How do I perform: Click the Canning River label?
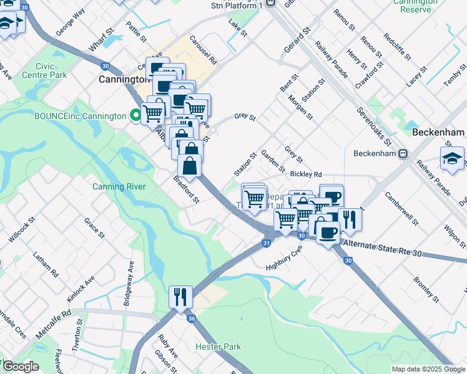119,186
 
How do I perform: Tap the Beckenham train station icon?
404,153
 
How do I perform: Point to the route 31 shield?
267,242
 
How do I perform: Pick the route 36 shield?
191,319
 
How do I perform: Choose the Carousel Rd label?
204,49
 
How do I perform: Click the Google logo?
20,367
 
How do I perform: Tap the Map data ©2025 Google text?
428,369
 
